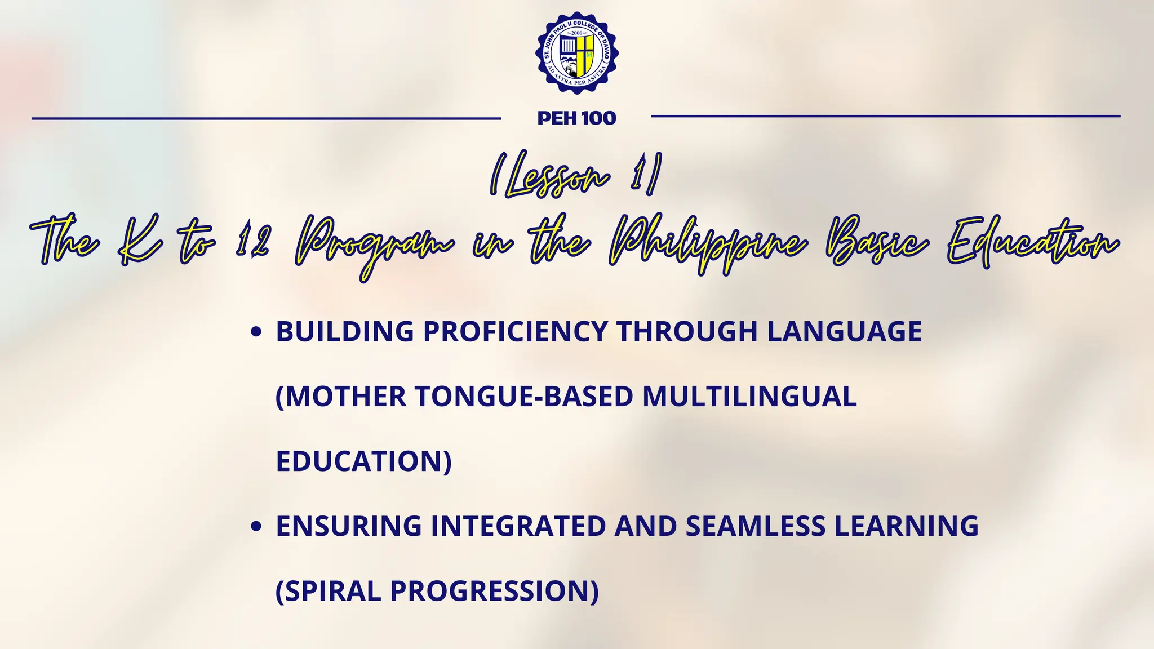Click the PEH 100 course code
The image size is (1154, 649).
[x=576, y=118]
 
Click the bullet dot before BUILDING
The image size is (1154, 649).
[x=256, y=332]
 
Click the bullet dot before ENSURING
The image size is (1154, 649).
[x=256, y=527]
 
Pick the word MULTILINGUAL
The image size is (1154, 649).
[x=749, y=396]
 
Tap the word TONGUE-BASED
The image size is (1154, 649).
[x=525, y=396]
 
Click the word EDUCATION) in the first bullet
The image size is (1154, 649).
[x=363, y=461]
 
